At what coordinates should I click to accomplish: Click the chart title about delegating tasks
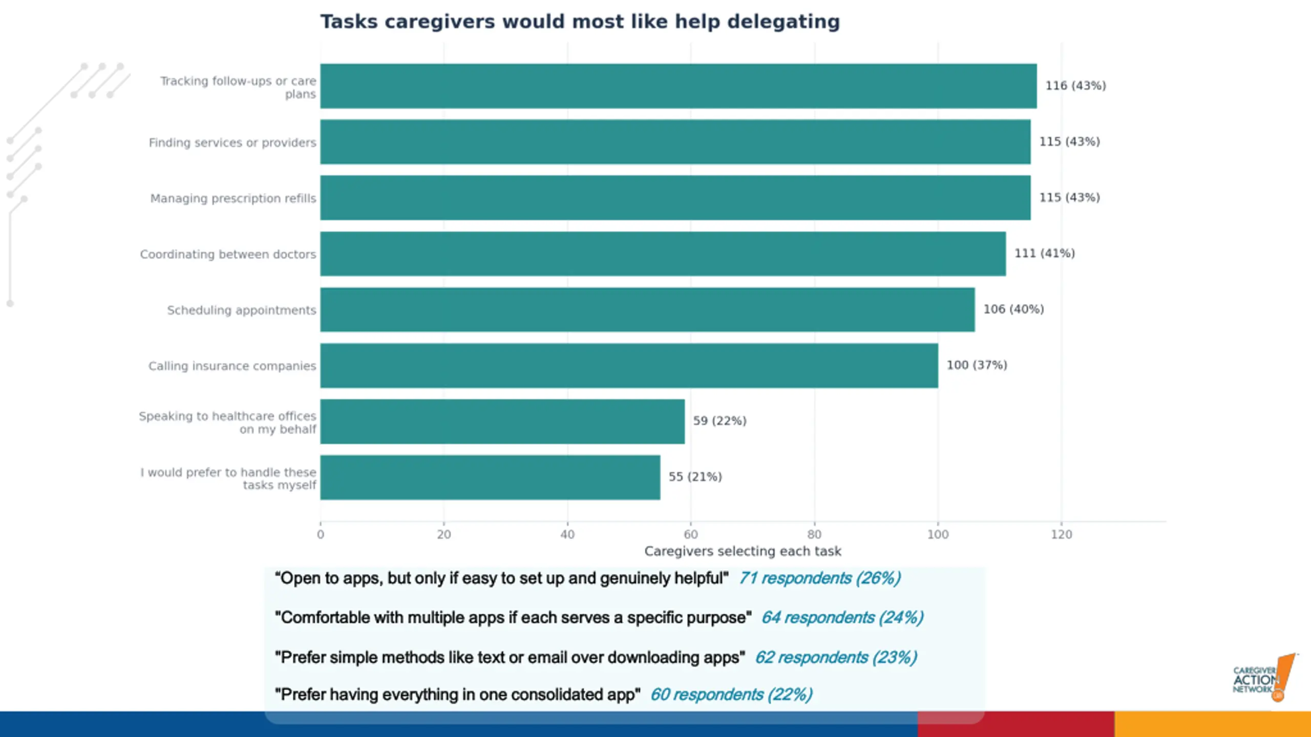580,22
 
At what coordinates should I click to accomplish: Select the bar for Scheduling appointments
647,310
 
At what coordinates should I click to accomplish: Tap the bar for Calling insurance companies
629,365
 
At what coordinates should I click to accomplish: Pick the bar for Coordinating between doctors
663,254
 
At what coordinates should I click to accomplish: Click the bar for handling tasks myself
490,478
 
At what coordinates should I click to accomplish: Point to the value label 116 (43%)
1075,86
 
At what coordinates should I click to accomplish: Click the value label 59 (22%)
720,421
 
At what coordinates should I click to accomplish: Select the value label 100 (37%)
977,365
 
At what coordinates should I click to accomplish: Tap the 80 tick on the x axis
814,535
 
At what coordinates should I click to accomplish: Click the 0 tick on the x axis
321,535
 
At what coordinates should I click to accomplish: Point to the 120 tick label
1061,535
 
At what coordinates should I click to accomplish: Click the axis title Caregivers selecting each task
743,552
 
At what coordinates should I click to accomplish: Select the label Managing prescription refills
233,199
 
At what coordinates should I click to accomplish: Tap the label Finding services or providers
232,143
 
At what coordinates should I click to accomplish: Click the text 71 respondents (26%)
819,578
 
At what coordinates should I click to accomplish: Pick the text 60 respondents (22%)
731,695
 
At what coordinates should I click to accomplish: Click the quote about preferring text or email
510,658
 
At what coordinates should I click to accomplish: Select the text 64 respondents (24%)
842,618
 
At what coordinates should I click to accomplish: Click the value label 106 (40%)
1013,310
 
